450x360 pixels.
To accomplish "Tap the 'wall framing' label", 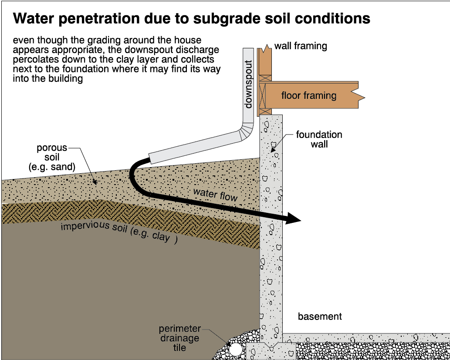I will [x=301, y=46].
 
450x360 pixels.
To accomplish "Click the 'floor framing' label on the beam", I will [x=309, y=95].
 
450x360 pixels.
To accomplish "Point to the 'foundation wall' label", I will [x=319, y=139].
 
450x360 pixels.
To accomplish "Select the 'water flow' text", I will [x=215, y=194].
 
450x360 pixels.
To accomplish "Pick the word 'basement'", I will [x=320, y=316].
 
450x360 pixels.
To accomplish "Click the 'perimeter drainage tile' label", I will [x=179, y=338].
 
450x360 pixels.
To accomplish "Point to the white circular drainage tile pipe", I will [x=236, y=350].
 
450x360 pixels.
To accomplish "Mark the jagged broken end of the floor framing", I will [x=361, y=95].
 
